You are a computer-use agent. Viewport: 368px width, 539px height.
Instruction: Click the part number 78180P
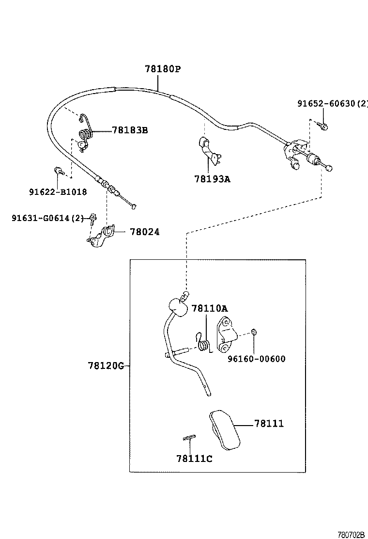[x=162, y=69]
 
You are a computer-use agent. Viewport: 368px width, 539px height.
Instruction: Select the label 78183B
[x=130, y=130]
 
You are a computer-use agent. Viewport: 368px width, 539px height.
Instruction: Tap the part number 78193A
[x=212, y=179]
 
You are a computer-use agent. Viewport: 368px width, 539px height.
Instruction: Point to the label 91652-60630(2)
[x=332, y=103]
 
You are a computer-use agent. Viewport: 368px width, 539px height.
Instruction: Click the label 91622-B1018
[x=57, y=191]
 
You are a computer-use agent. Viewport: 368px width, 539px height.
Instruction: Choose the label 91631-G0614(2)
[x=48, y=218]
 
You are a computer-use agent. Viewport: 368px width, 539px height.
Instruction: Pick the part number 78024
[x=144, y=232]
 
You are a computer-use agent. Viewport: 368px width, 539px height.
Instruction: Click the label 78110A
[x=209, y=308]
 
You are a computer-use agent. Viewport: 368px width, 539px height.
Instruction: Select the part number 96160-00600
[x=256, y=359]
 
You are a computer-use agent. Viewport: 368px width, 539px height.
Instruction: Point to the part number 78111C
[x=194, y=458]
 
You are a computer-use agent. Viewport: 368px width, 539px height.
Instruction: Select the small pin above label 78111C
[x=188, y=438]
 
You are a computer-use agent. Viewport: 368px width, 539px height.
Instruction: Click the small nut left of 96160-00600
[x=253, y=333]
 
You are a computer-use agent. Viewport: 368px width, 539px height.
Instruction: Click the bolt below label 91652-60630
[x=324, y=126]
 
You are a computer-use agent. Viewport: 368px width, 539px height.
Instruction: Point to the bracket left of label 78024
[x=101, y=236]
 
